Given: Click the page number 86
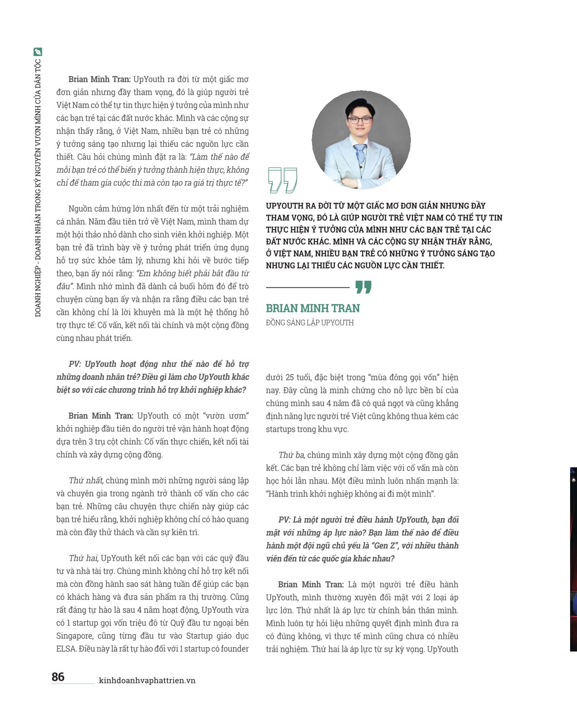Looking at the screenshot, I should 58,677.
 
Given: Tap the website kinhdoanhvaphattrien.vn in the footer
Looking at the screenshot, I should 147,680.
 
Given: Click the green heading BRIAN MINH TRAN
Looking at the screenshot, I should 312,308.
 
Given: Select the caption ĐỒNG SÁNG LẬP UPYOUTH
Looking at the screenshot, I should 309,322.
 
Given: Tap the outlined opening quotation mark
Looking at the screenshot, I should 282,180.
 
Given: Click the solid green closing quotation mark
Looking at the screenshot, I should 363,287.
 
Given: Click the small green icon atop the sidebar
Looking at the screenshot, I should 38,52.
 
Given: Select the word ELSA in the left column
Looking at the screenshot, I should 66,648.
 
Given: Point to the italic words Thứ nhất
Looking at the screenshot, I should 85,480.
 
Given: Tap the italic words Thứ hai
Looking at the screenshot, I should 84,558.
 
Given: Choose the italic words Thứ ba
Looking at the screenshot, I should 292,455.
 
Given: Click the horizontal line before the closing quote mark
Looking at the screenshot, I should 307,287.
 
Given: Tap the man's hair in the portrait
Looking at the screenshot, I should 358,104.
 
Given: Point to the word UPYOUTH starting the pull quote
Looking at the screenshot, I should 287,206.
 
